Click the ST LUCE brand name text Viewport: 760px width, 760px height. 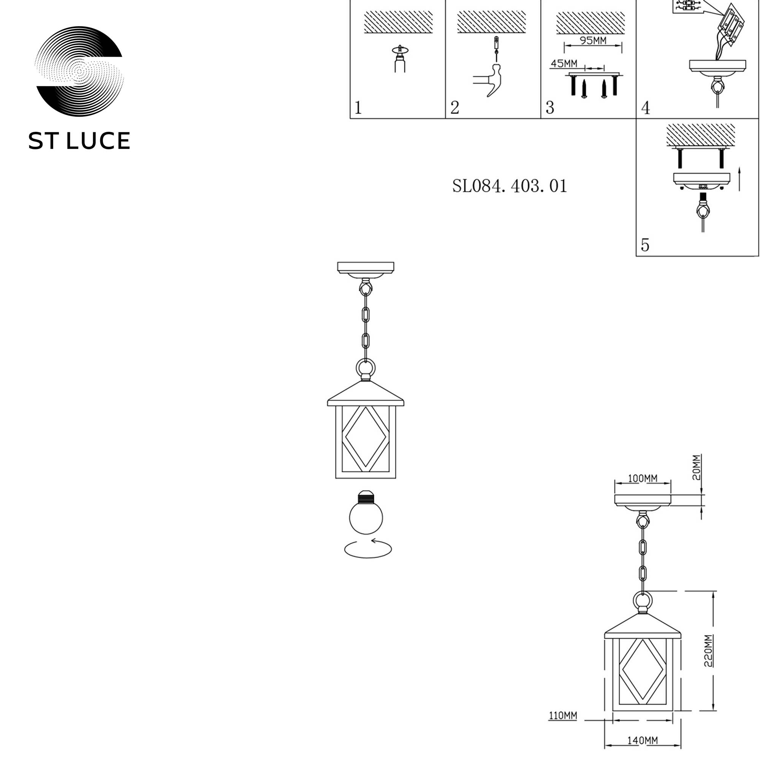pyautogui.click(x=79, y=141)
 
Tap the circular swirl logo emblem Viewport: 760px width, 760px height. pyautogui.click(x=79, y=71)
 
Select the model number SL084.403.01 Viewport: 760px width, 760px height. pyautogui.click(x=510, y=186)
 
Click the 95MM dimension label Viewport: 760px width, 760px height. pyautogui.click(x=593, y=41)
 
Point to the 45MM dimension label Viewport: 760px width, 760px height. pyautogui.click(x=564, y=63)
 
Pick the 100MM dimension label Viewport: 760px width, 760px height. pyautogui.click(x=642, y=478)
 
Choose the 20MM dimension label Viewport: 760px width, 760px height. pyautogui.click(x=696, y=468)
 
